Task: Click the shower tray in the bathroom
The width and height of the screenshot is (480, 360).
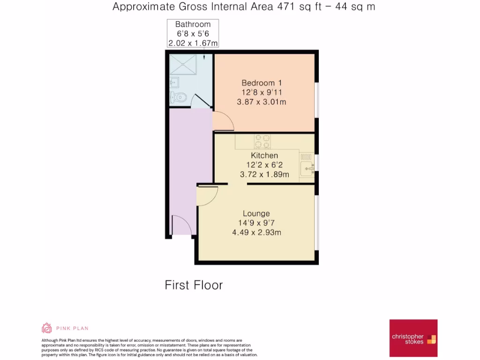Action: [x=184, y=66]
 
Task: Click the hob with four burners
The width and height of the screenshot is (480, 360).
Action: [x=262, y=141]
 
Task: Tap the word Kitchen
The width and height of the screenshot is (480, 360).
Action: [x=264, y=155]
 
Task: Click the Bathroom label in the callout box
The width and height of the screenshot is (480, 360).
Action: [x=193, y=24]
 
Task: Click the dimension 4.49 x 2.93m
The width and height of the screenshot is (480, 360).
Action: [x=256, y=232]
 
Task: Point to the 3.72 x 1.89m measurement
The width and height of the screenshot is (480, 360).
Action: [x=264, y=174]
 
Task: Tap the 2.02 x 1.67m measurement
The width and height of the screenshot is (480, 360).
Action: [x=193, y=43]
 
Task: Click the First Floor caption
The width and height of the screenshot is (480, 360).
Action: [x=194, y=285]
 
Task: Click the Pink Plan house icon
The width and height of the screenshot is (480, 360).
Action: [x=47, y=328]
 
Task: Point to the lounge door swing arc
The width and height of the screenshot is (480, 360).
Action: [x=207, y=195]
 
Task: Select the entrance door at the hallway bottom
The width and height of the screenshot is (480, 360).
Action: [x=181, y=225]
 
